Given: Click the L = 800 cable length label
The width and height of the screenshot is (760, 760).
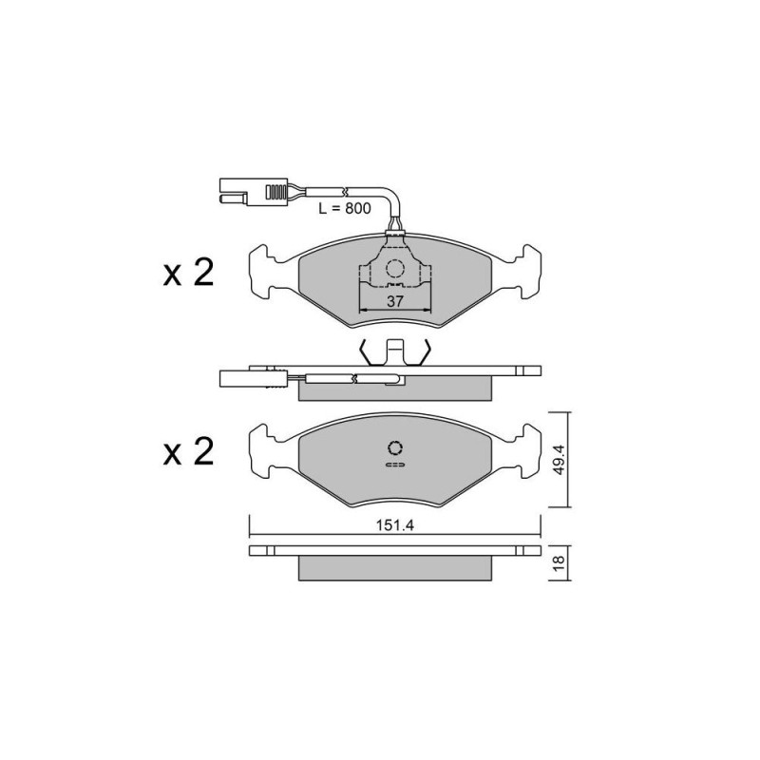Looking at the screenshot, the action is pyautogui.click(x=345, y=208).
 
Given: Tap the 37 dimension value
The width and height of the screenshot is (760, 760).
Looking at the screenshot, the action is pyautogui.click(x=395, y=301).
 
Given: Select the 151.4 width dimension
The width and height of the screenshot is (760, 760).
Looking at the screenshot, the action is pyautogui.click(x=395, y=525).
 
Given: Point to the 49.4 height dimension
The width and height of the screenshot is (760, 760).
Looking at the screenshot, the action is pyautogui.click(x=559, y=459).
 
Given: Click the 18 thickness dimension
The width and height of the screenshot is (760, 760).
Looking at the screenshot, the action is pyautogui.click(x=559, y=562).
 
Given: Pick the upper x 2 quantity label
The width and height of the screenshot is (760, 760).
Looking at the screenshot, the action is pyautogui.click(x=188, y=273).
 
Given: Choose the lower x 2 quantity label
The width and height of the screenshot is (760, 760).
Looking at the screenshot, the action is pyautogui.click(x=188, y=452).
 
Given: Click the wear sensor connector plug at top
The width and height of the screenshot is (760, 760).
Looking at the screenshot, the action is pyautogui.click(x=254, y=192).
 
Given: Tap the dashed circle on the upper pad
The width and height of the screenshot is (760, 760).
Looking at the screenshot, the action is pyautogui.click(x=395, y=270).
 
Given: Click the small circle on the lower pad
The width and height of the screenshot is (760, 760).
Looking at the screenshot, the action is pyautogui.click(x=395, y=447).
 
